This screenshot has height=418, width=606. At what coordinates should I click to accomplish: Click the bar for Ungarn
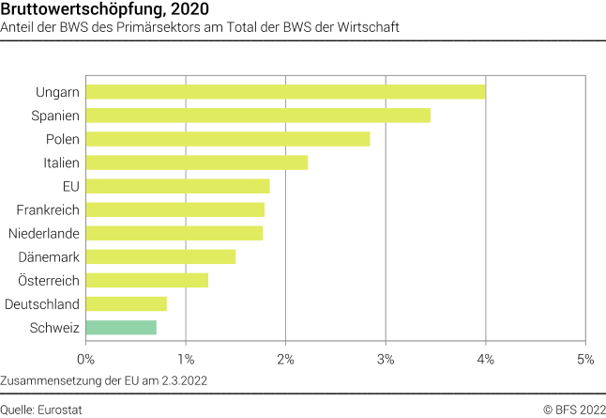pyautogui.click(x=285, y=91)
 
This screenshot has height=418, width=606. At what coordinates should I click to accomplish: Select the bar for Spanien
pyautogui.click(x=258, y=115)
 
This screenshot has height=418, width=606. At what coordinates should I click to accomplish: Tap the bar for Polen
pyautogui.click(x=227, y=139)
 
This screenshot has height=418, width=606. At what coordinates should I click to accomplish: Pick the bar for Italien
pyautogui.click(x=196, y=163)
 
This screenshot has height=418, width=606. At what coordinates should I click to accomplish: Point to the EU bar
pyautogui.click(x=177, y=186)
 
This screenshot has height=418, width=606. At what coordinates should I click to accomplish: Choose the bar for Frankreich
pyautogui.click(x=174, y=209)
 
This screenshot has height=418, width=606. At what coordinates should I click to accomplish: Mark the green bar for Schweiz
pyautogui.click(x=121, y=327)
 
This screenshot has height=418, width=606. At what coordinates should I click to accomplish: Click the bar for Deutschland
pyautogui.click(x=126, y=303)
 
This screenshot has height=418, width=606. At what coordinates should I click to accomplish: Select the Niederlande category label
pyautogui.click(x=43, y=233)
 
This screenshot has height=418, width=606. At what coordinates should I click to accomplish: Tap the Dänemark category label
pyautogui.click(x=49, y=256)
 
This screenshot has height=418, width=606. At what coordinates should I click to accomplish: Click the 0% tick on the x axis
pyautogui.click(x=86, y=358)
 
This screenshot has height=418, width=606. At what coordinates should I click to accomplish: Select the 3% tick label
pyautogui.click(x=386, y=358)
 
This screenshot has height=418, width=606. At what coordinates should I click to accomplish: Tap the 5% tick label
pyautogui.click(x=585, y=358)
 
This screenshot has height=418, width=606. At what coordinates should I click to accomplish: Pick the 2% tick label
pyautogui.click(x=286, y=358)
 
